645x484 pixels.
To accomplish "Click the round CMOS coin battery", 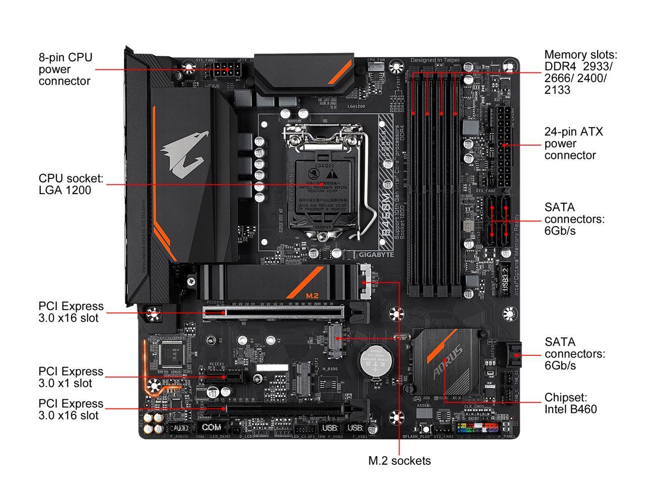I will tap(374, 360).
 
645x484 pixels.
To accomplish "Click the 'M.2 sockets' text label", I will tap(399, 460).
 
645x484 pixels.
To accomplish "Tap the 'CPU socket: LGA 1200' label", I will tap(71, 184).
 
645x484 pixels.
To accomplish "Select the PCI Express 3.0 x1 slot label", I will tap(71, 377).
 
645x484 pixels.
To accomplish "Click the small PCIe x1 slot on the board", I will tap(224, 377).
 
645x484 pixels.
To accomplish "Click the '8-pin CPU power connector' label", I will tap(66, 69).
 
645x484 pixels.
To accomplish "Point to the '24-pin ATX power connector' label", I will tap(573, 143).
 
